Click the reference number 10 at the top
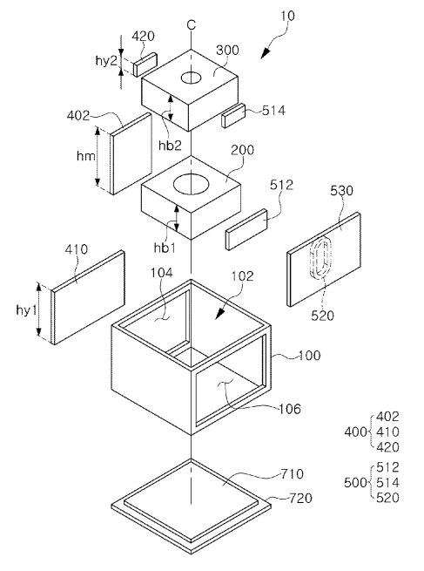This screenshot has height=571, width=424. click(x=287, y=16)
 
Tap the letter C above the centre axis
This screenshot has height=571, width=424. click(x=192, y=24)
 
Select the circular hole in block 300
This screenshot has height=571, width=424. click(x=192, y=78)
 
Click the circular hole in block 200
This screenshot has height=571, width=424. click(x=192, y=184)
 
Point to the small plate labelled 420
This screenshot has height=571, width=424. click(x=145, y=65)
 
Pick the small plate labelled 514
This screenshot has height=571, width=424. click(x=234, y=115)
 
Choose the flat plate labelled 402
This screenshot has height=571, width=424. click(x=131, y=153)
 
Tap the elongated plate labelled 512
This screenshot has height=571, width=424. click(x=246, y=229)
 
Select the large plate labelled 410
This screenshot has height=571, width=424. click(x=88, y=297)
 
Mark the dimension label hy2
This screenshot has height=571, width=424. click(x=106, y=60)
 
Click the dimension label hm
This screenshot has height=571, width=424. click(x=86, y=156)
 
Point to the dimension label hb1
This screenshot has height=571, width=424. click(x=165, y=248)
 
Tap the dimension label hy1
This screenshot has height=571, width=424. click(x=26, y=310)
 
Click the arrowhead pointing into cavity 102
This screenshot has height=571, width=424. click(x=220, y=313)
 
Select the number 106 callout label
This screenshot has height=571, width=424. click(x=290, y=409)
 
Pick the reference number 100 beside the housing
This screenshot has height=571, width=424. click(x=309, y=355)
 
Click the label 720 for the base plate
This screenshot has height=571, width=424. click(x=300, y=498)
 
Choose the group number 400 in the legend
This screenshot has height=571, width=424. click(x=355, y=432)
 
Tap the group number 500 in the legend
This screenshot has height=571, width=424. click(x=355, y=482)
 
